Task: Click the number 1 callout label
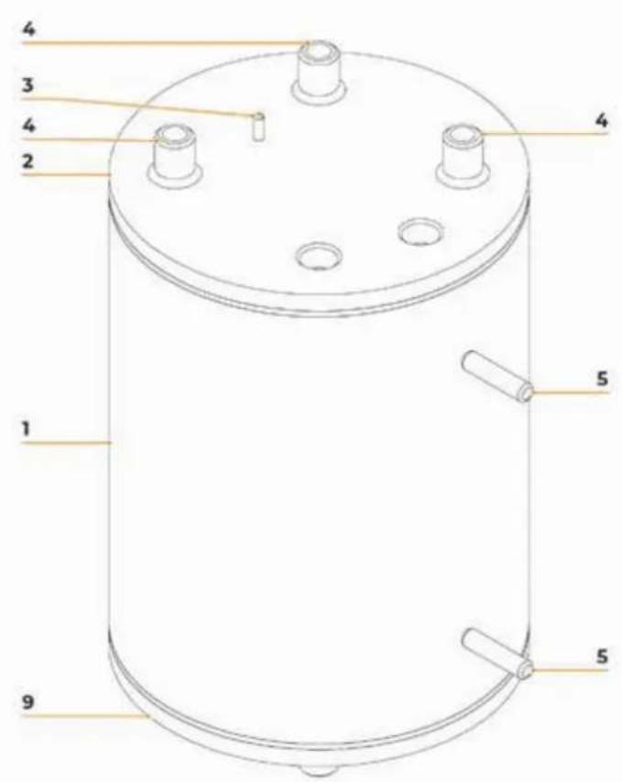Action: (x=26, y=428)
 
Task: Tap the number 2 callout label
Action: (x=27, y=161)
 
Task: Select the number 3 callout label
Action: (x=27, y=85)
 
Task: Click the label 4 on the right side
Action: (x=602, y=120)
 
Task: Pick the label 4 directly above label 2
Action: (x=28, y=126)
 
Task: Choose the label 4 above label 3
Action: (x=28, y=29)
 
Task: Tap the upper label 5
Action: (x=602, y=379)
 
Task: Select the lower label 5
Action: (x=602, y=656)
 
